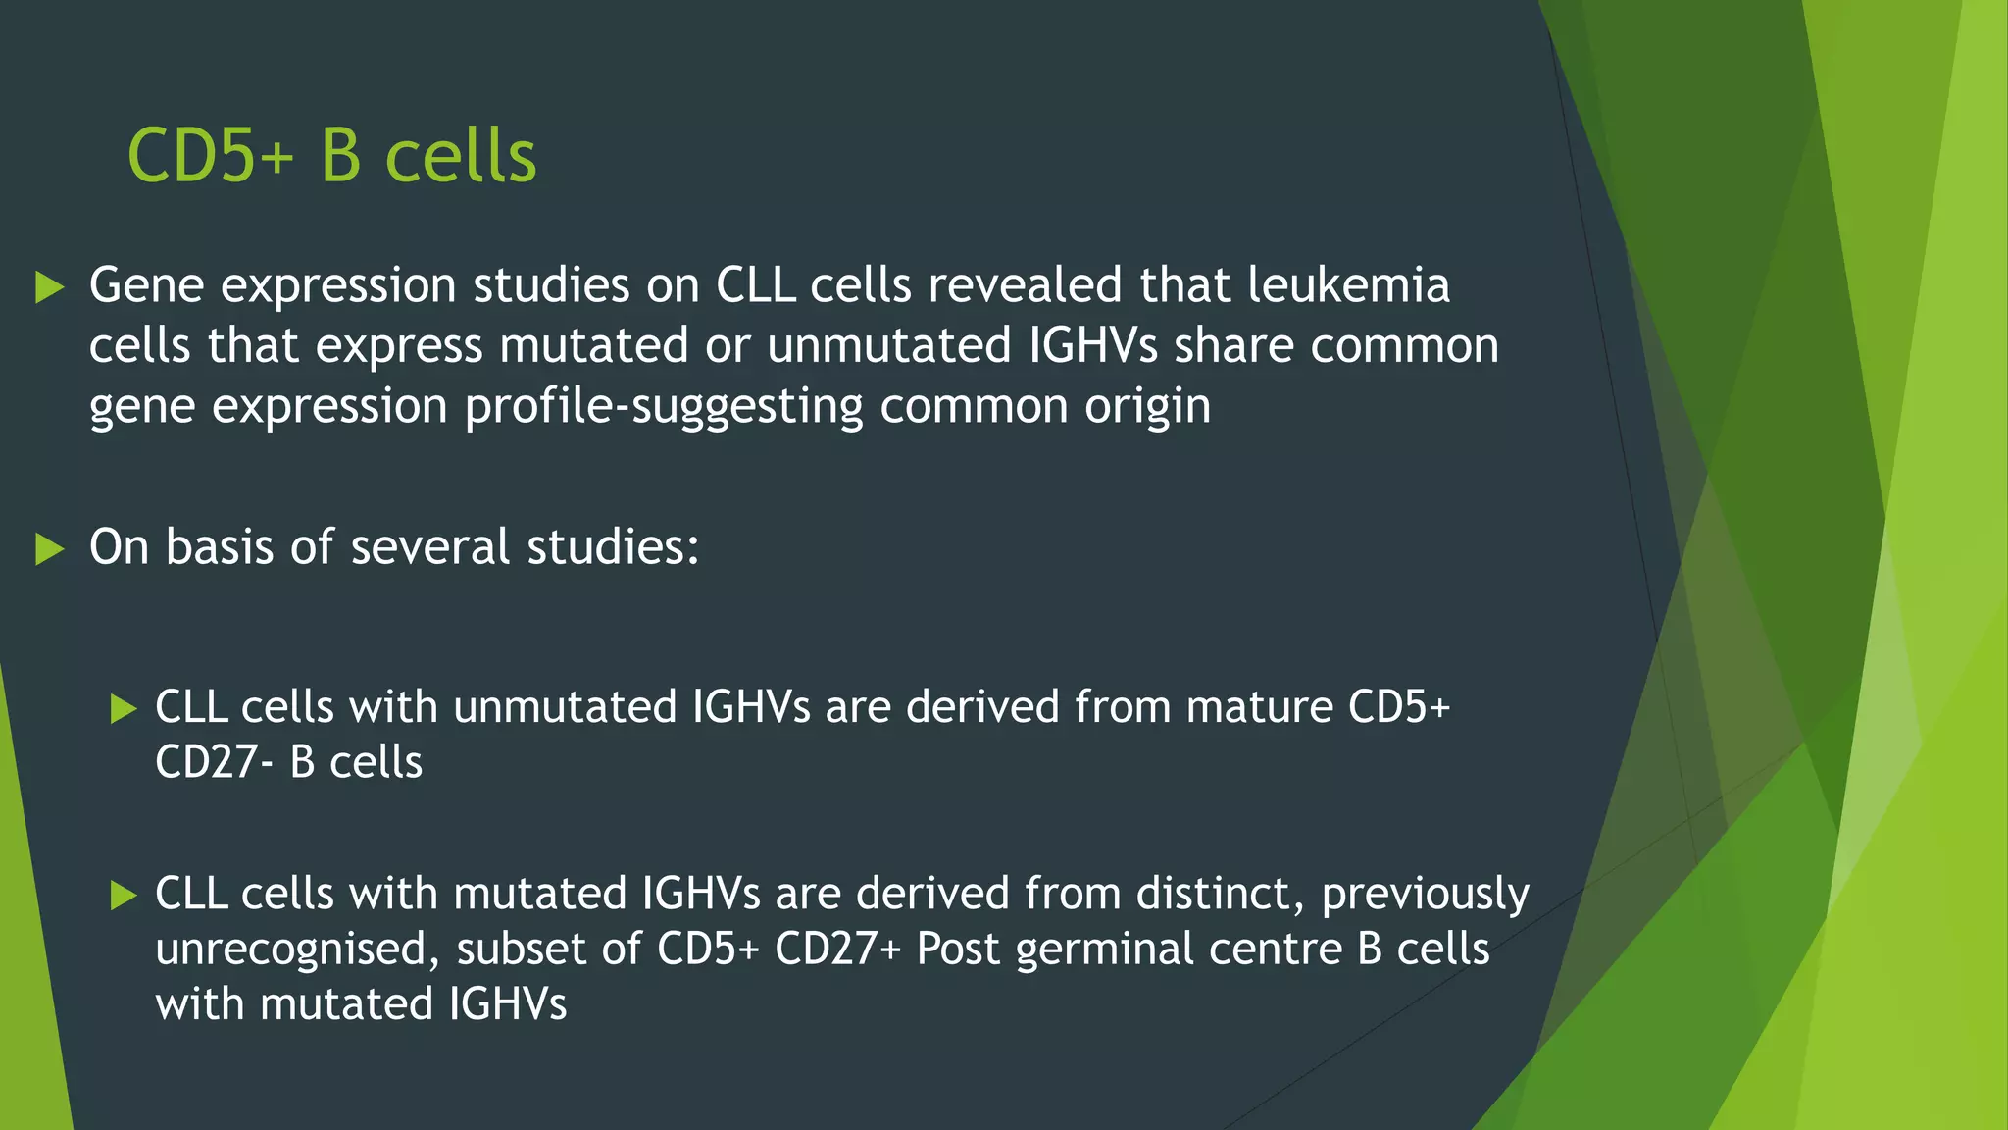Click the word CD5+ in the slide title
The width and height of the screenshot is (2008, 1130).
pyautogui.click(x=210, y=157)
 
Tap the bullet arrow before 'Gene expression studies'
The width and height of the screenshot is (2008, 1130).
pyautogui.click(x=49, y=287)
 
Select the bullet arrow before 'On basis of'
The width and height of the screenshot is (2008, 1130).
pyautogui.click(x=49, y=548)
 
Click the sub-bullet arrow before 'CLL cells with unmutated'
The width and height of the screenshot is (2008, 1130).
pyautogui.click(x=124, y=708)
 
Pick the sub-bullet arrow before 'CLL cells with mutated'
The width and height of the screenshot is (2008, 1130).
pyautogui.click(x=124, y=895)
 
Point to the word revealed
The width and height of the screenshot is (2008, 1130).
pyautogui.click(x=1025, y=285)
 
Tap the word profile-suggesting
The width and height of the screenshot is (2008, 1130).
pyautogui.click(x=664, y=407)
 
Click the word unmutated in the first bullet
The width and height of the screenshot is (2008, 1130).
pyautogui.click(x=888, y=346)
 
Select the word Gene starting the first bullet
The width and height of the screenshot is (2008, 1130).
pyautogui.click(x=146, y=286)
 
